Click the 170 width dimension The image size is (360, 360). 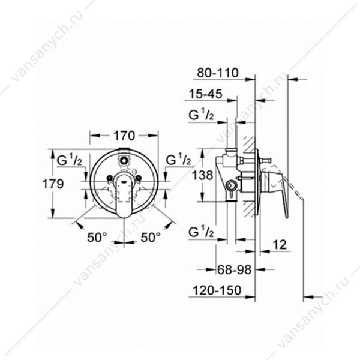(x=124, y=136)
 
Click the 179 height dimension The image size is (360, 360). (x=53, y=184)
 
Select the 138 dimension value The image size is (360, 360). (x=203, y=176)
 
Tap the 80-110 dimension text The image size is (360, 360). (x=218, y=73)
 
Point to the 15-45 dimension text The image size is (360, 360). (x=206, y=94)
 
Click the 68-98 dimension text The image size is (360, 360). (x=235, y=270)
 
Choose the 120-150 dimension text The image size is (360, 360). (x=217, y=290)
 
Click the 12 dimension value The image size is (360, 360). (x=280, y=245)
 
